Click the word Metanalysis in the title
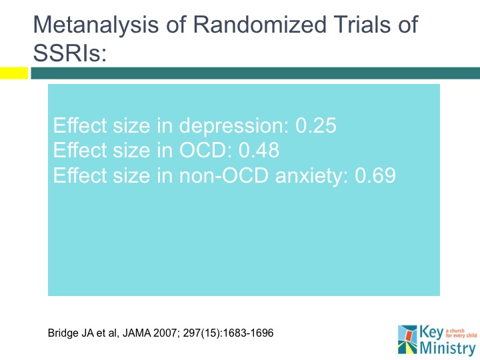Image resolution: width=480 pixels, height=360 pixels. (x=93, y=25)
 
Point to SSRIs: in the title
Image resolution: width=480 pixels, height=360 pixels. (x=69, y=53)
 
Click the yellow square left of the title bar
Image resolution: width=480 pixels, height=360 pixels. (x=13, y=73)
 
